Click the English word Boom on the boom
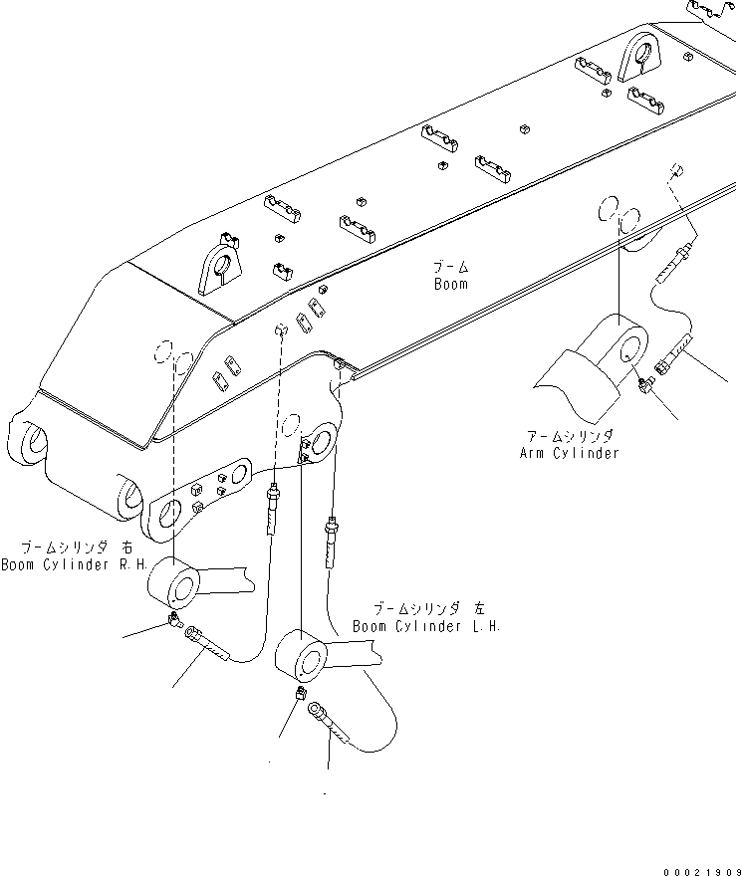[x=450, y=284]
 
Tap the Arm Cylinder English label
[x=569, y=453]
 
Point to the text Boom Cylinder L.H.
[x=426, y=626]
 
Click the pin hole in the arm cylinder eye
[x=628, y=347]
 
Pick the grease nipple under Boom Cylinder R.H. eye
[x=174, y=622]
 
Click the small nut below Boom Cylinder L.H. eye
[x=300, y=696]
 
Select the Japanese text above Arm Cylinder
[x=569, y=436]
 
